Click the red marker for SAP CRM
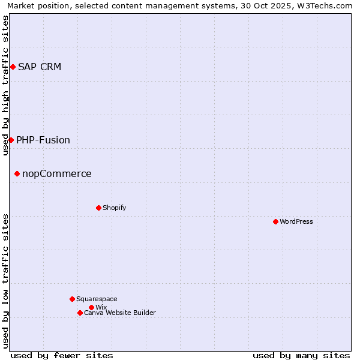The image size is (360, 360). [x=13, y=67]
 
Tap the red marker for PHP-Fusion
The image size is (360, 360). [x=11, y=140]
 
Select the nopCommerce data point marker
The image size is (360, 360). [x=17, y=174]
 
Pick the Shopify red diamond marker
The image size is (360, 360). [x=98, y=208]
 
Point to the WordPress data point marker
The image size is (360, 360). [x=275, y=221]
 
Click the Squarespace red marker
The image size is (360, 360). [x=72, y=299]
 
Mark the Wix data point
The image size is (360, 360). [x=91, y=307]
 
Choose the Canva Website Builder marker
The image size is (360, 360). [x=80, y=313]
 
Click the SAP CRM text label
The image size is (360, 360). [x=40, y=67]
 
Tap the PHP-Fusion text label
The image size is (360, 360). [x=43, y=140]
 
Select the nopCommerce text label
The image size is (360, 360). [x=57, y=174]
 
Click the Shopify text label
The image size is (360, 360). [x=114, y=208]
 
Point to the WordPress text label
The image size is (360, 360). [x=296, y=221]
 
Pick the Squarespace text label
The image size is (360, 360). [x=97, y=299]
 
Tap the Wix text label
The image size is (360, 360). [x=101, y=307]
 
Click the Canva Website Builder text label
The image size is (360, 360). [x=120, y=313]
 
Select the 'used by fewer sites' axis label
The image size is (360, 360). [x=62, y=355]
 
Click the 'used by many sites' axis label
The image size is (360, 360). [x=301, y=355]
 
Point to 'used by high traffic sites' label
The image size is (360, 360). [x=5, y=85]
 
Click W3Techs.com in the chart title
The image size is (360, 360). [x=324, y=6]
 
